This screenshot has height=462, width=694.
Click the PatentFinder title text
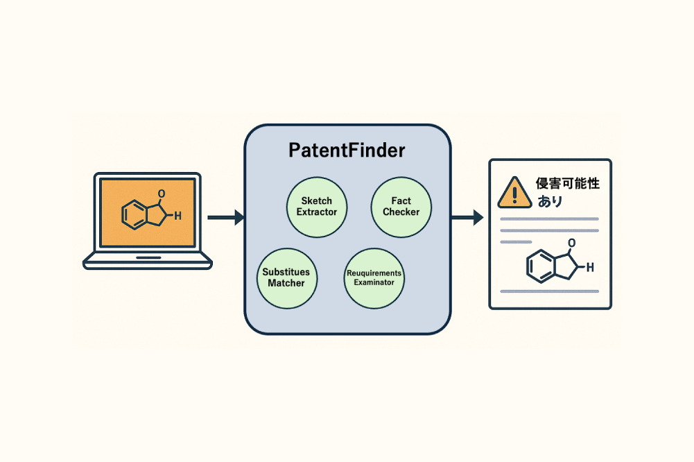point(347,150)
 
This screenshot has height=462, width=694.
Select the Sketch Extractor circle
point(317,207)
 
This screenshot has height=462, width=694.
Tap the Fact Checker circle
point(401,207)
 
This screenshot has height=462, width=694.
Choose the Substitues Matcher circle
point(287,278)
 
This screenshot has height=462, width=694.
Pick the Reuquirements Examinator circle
point(374,278)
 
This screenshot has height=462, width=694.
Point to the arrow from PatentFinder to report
point(467,217)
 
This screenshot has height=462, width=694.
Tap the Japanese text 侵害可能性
point(568,183)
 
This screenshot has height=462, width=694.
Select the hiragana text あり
point(550,202)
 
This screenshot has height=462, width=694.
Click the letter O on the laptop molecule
point(162,194)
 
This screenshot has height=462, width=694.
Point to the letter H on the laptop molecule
point(177,216)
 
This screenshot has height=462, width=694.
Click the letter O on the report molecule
point(572,243)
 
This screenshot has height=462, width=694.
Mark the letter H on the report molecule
point(590,267)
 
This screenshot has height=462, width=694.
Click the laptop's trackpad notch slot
point(148,257)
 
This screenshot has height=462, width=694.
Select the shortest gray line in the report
point(516,242)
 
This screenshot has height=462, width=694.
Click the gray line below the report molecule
point(549,291)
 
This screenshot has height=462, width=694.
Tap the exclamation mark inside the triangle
point(514,195)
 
